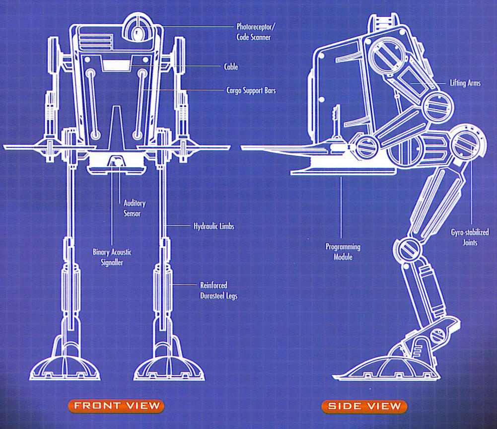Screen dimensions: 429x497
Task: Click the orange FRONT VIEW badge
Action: click(x=117, y=405)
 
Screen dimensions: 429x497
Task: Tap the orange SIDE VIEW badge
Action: click(x=364, y=406)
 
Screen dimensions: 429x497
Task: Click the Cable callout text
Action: click(x=231, y=67)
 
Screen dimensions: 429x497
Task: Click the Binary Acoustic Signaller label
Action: click(x=112, y=257)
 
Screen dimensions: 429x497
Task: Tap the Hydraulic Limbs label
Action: click(x=213, y=226)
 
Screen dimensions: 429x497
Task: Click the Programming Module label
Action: click(x=343, y=252)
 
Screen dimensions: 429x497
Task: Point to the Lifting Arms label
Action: click(x=465, y=83)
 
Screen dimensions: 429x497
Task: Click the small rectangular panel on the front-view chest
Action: click(x=115, y=65)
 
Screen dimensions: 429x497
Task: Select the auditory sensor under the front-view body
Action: click(x=117, y=161)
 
